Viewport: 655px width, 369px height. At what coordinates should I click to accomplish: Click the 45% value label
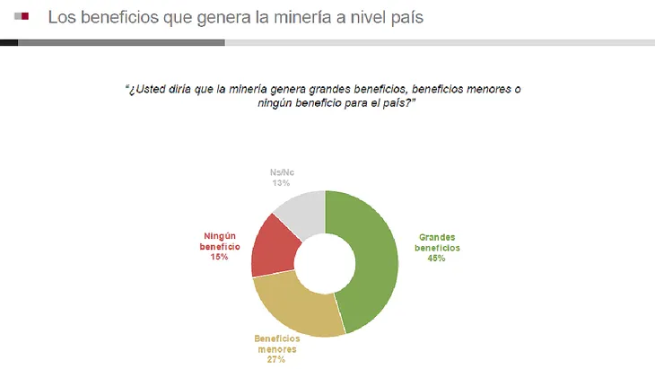437,258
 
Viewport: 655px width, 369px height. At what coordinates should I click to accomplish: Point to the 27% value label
275,359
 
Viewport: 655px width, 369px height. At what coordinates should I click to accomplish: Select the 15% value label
219,257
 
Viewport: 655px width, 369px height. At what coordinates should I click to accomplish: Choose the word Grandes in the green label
437,238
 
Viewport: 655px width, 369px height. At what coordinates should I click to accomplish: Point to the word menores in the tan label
275,349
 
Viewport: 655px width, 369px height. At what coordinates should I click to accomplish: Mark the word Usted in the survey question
154,90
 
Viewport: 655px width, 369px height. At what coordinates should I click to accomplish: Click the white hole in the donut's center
324,262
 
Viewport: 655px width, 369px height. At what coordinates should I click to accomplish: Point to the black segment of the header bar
9,42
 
